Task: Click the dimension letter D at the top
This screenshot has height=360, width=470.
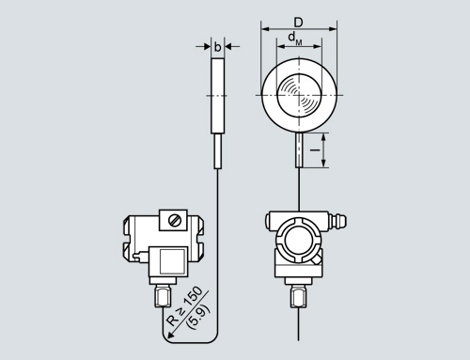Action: click(298, 23)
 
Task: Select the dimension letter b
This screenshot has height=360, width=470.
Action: click(217, 47)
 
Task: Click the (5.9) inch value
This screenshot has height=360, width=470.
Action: click(198, 317)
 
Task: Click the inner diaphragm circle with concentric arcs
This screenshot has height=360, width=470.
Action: click(300, 95)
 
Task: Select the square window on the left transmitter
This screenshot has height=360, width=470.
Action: click(172, 261)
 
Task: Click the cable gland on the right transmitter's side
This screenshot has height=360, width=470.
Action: click(337, 220)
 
